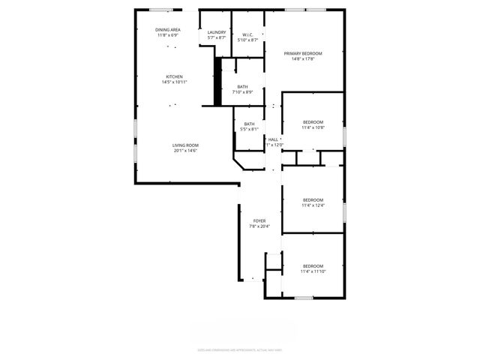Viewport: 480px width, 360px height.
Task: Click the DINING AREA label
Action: click(168, 30)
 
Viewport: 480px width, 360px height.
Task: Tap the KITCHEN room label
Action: click(174, 76)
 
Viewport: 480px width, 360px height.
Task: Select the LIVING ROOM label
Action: click(184, 145)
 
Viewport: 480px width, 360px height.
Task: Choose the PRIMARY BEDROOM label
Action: click(303, 53)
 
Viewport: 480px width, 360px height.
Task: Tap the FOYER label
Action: click(259, 220)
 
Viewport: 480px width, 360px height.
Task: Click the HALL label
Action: click(273, 139)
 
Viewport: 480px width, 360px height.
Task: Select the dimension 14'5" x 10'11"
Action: click(174, 82)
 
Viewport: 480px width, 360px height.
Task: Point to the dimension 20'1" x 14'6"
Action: click(184, 151)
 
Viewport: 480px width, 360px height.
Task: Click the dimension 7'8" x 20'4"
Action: click(259, 226)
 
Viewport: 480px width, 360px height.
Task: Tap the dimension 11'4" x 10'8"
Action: click(313, 127)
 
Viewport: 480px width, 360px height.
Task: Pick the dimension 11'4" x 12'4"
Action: click(313, 205)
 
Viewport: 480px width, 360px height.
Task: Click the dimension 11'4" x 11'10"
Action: click(313, 271)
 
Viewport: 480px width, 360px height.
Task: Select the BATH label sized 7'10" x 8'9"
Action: click(243, 87)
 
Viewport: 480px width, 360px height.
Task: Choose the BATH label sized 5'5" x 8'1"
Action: click(249, 124)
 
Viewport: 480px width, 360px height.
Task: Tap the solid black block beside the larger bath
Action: click(218, 82)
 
